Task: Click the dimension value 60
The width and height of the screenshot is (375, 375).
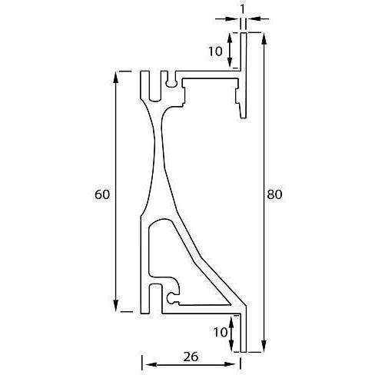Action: point(101,194)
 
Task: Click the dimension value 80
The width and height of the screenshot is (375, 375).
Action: point(274,194)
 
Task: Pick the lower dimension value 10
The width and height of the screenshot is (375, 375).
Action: point(219,332)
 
